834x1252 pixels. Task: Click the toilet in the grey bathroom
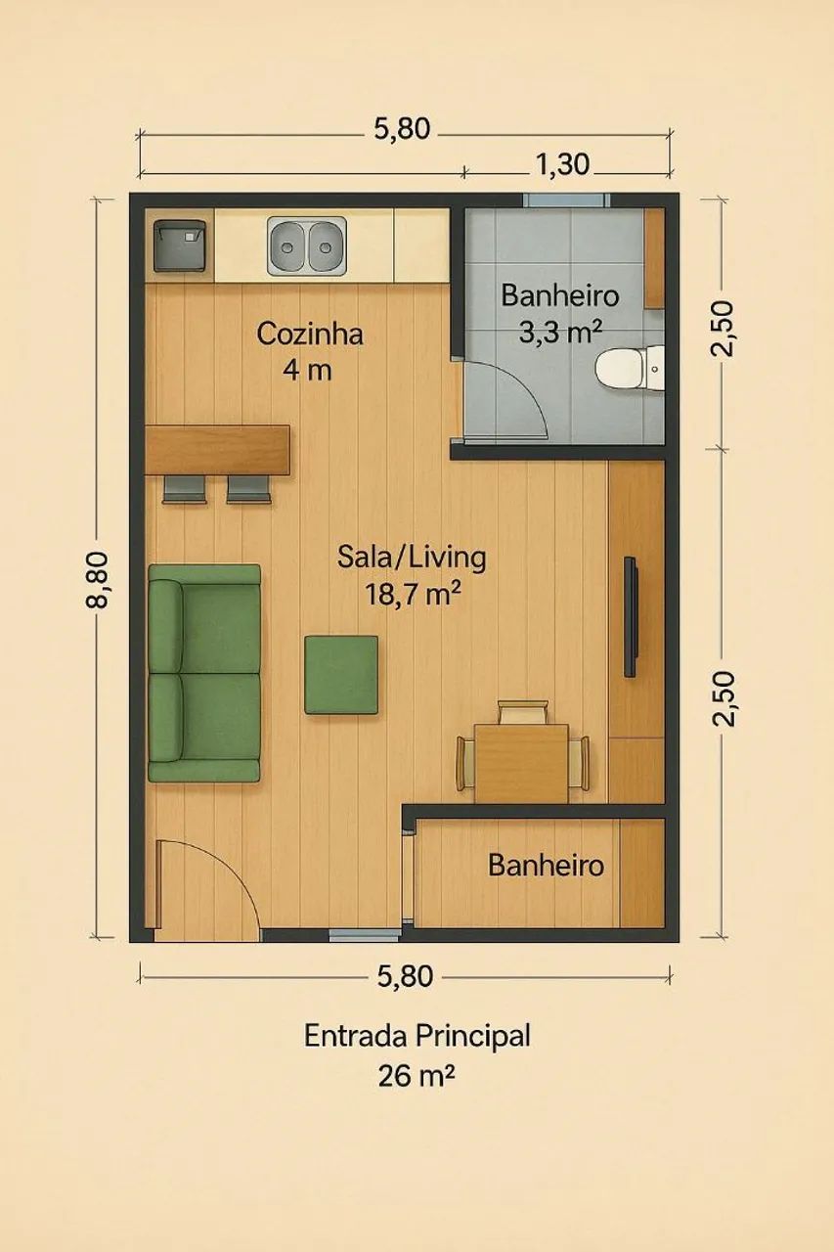click(630, 367)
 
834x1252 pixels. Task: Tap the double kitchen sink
click(307, 246)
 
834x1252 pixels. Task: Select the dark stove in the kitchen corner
click(180, 246)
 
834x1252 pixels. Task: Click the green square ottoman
click(341, 675)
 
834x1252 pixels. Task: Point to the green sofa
click(204, 673)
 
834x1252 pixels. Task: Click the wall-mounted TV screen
click(630, 617)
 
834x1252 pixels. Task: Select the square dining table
click(522, 764)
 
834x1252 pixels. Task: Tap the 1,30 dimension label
click(562, 165)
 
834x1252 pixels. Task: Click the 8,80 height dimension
click(97, 580)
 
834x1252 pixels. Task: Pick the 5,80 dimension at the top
click(402, 129)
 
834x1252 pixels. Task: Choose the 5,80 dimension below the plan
click(405, 976)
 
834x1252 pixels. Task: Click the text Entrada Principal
click(417, 1036)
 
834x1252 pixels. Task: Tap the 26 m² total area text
click(417, 1075)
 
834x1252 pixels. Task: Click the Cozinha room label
click(310, 335)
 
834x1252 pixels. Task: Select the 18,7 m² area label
click(413, 595)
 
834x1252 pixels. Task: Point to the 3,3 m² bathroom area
click(560, 334)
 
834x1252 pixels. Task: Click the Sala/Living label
click(412, 558)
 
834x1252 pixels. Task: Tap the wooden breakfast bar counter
click(217, 449)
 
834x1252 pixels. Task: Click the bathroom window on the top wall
click(566, 201)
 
